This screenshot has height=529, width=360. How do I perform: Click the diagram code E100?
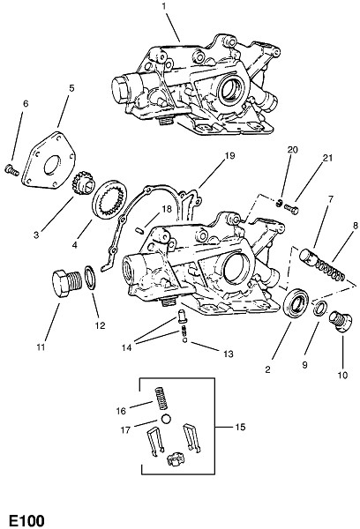(x=27, y=520)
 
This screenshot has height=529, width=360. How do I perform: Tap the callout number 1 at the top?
(x=164, y=7)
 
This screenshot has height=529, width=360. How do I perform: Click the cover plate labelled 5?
(x=49, y=160)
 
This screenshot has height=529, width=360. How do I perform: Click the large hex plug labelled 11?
(x=67, y=279)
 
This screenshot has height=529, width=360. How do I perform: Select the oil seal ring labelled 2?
(x=296, y=302)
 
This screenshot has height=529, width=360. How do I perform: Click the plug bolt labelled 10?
(x=340, y=322)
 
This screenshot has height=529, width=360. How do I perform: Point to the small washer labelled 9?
(x=319, y=308)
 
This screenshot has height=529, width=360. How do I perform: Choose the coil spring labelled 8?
(x=331, y=270)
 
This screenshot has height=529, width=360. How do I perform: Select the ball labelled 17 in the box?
(x=166, y=420)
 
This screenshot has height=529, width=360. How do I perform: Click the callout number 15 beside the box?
(x=240, y=427)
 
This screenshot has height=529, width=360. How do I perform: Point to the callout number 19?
(x=229, y=156)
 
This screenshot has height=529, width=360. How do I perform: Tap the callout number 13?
(x=229, y=354)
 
